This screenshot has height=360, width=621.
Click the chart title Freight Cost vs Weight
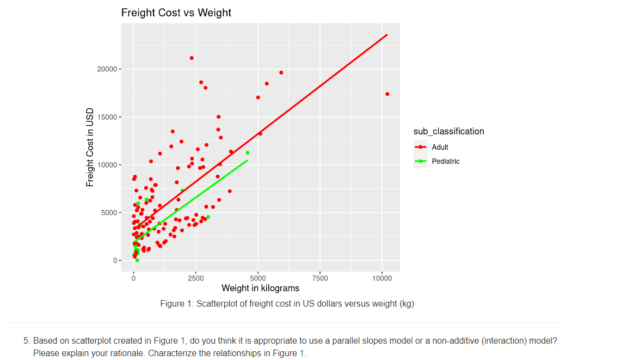pyautogui.click(x=176, y=13)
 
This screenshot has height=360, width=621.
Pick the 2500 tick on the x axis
pyautogui.click(x=195, y=278)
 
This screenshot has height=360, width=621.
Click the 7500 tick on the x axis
pyautogui.click(x=320, y=278)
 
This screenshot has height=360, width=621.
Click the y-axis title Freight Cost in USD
pyautogui.click(x=90, y=147)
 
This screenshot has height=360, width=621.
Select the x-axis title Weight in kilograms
pyautogui.click(x=260, y=288)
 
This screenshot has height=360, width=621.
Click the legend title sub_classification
pyautogui.click(x=448, y=131)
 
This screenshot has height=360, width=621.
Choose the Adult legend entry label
pyautogui.click(x=440, y=147)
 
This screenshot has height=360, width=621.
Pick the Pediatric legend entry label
pyautogui.click(x=445, y=161)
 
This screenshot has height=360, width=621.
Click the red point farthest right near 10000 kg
pyautogui.click(x=387, y=94)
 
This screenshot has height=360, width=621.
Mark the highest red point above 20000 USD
pyautogui.click(x=192, y=58)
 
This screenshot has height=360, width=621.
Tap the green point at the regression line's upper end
pyautogui.click(x=248, y=153)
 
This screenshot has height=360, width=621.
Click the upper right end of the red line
pyautogui.click(x=386, y=35)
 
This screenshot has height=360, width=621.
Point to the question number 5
pyautogui.click(x=26, y=341)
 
